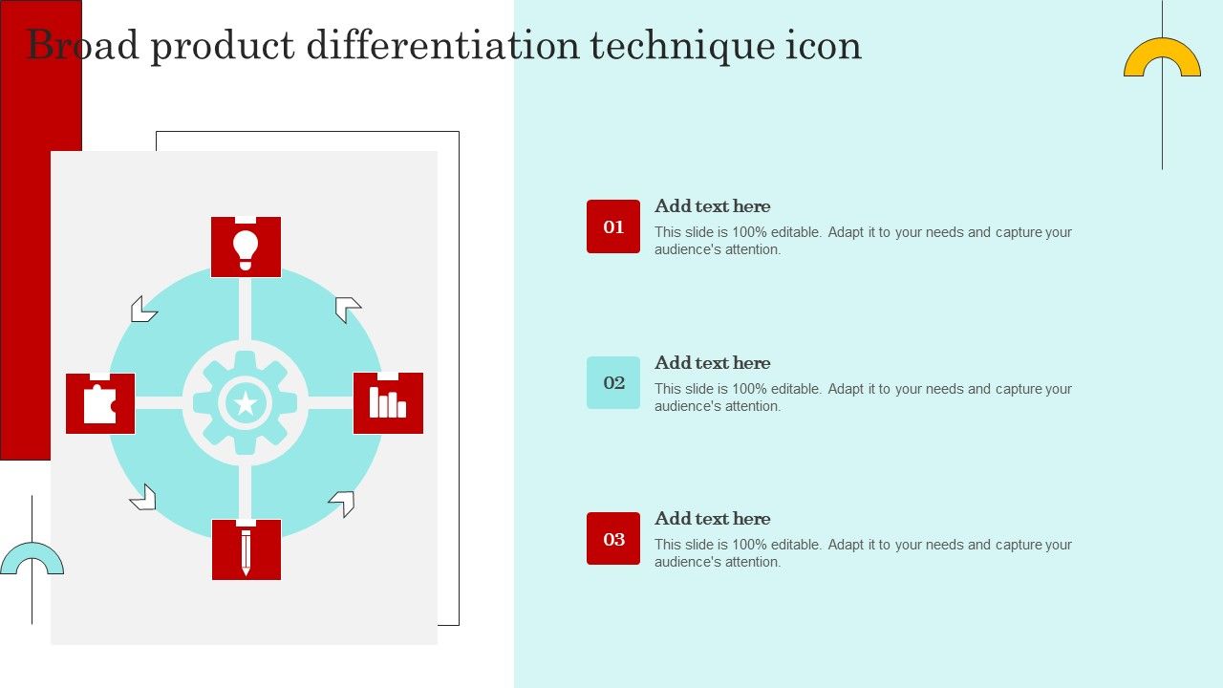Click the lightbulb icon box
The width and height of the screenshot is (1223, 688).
pyautogui.click(x=246, y=247)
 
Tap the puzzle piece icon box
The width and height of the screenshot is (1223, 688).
pyautogui.click(x=100, y=403)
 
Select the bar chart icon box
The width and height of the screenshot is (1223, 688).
pyautogui.click(x=388, y=403)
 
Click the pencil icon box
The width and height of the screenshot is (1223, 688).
pyautogui.click(x=247, y=549)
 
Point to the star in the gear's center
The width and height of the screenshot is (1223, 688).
pyautogui.click(x=246, y=403)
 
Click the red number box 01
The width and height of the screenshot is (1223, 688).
pyautogui.click(x=613, y=226)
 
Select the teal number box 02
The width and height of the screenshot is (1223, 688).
pyautogui.click(x=613, y=383)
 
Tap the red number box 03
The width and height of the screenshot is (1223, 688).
pyautogui.click(x=613, y=538)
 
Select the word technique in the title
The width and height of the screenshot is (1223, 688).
pyautogui.click(x=682, y=46)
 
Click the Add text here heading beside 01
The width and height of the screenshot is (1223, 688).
pyautogui.click(x=713, y=206)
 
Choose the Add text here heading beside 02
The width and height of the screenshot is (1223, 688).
pyautogui.click(x=713, y=363)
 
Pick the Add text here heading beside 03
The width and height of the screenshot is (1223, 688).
pyautogui.click(x=713, y=519)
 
